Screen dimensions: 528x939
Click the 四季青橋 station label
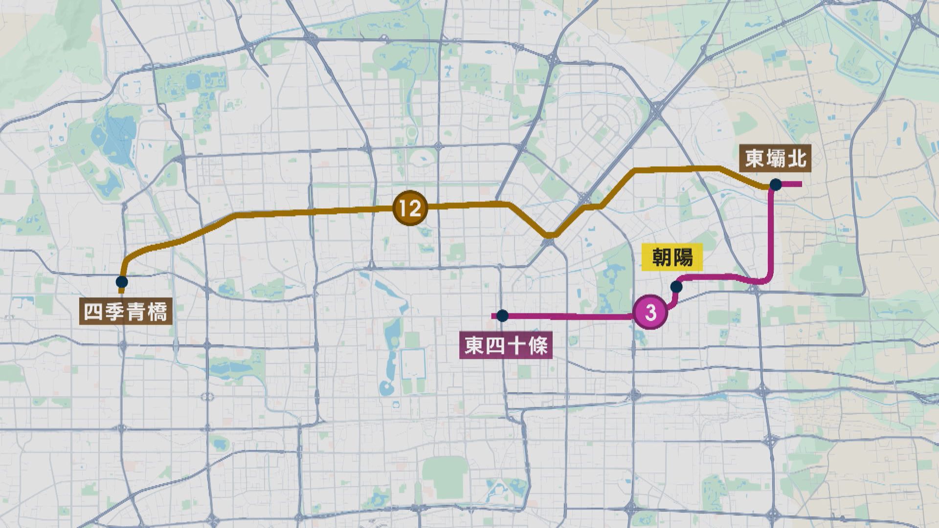coord(126,311)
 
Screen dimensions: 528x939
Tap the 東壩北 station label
coord(775,158)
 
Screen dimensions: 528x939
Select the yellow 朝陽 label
coord(672,257)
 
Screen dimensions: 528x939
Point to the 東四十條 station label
coord(506,346)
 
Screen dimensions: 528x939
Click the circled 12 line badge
coord(410,208)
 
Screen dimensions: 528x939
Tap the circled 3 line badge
coord(650,312)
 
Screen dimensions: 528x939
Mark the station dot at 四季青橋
coord(122,282)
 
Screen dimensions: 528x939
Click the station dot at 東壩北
coord(775,184)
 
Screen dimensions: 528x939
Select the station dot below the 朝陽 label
coord(676,286)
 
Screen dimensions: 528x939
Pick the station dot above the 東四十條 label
coord(502,316)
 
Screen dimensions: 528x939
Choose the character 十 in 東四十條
coord(516,346)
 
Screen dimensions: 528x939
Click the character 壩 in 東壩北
coord(775,158)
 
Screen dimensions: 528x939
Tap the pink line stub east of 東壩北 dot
coord(792,184)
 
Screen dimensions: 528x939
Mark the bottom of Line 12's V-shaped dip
coord(550,236)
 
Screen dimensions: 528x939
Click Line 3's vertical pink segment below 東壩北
coord(771,230)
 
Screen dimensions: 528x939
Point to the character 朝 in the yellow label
coord(662,257)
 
